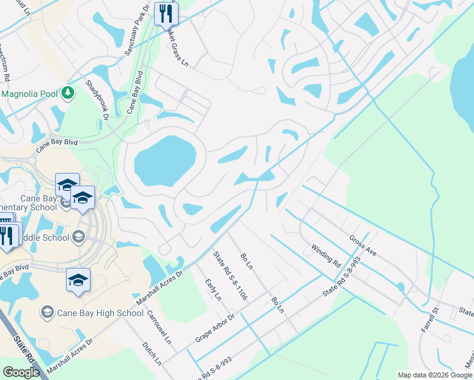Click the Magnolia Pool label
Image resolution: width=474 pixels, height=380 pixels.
click(29, 94)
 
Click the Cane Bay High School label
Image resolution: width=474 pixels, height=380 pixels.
click(101, 313)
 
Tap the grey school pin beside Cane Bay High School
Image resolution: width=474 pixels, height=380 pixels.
click(47, 312)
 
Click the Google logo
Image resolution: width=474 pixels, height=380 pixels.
click(22, 372)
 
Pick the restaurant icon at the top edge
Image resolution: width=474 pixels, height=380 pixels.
click(166, 13)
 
